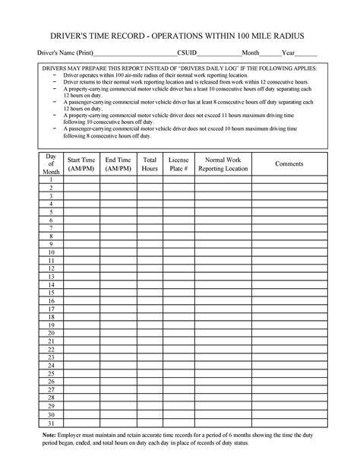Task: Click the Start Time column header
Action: click(81, 164)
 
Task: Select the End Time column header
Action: click(118, 164)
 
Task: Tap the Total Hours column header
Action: click(150, 164)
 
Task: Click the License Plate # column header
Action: click(178, 164)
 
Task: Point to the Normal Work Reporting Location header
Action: click(223, 164)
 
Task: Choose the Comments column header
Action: click(289, 164)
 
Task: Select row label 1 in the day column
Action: click(52, 179)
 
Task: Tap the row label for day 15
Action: click(52, 292)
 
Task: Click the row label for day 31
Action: click(52, 423)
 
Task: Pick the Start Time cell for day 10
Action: click(81, 252)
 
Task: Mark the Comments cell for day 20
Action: click(289, 333)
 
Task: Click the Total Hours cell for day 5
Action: click(150, 211)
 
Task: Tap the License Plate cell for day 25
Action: click(178, 374)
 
